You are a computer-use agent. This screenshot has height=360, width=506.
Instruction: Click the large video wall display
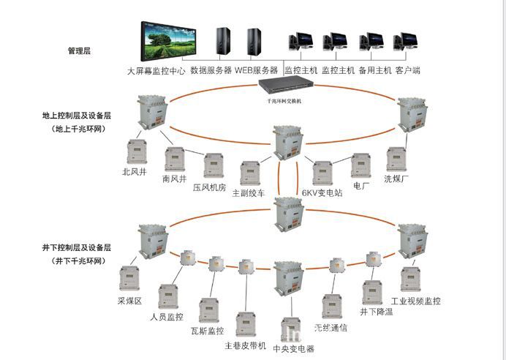coord(170,42)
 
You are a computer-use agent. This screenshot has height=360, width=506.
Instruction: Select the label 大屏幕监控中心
coord(156,72)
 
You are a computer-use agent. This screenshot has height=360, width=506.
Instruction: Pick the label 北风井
coord(135,173)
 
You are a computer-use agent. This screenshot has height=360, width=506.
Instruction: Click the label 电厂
coord(361,187)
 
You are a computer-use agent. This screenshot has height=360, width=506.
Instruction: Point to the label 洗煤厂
coord(398,178)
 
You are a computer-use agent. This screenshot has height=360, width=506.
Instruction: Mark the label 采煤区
coord(129,301)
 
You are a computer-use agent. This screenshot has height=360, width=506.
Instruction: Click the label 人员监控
coord(166,317)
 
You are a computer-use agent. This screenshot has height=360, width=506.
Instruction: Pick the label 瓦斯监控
coord(207,331)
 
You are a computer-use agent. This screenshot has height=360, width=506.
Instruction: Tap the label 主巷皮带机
coord(245,345)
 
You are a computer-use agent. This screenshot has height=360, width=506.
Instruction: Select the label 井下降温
coord(377,312)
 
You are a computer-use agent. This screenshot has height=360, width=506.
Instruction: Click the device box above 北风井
coord(135,152)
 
